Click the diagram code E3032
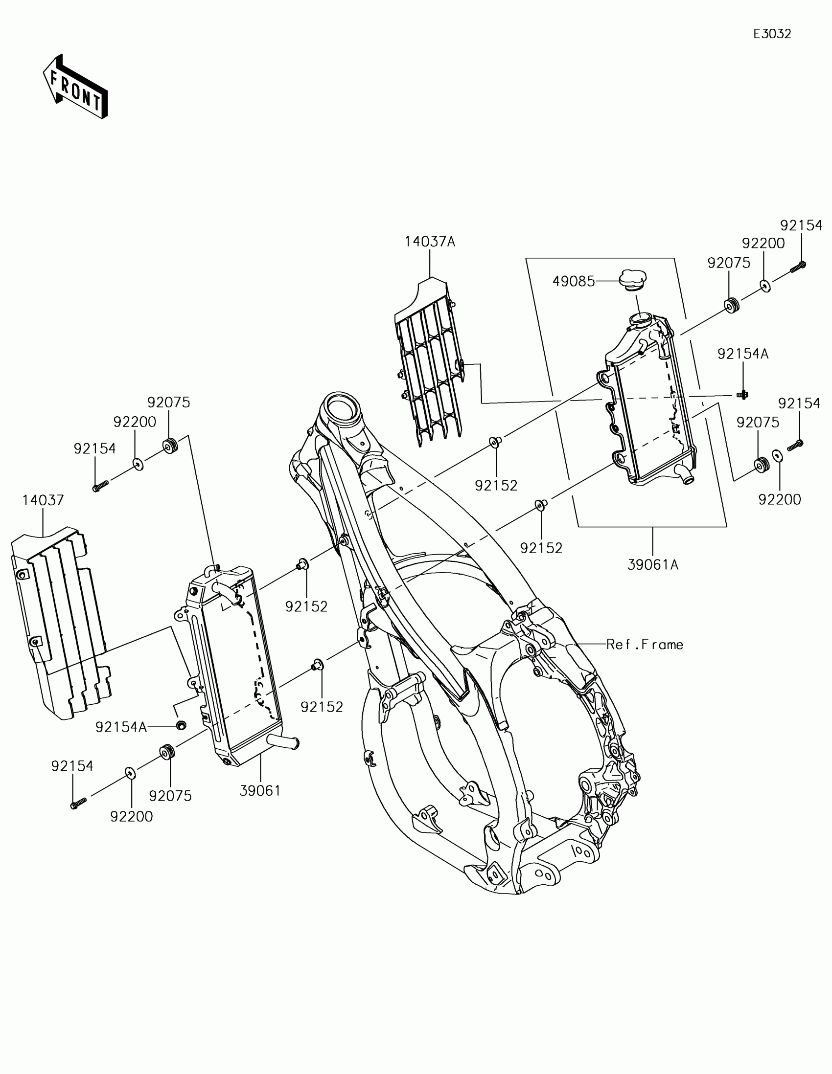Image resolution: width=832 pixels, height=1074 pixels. tap(772, 34)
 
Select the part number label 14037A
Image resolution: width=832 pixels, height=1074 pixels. tap(430, 242)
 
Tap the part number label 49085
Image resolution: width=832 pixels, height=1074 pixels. tap(573, 281)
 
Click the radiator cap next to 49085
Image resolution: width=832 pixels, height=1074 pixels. tap(633, 280)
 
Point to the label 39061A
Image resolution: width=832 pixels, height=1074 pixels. tap(652, 565)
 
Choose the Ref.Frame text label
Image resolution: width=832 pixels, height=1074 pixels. tap(645, 645)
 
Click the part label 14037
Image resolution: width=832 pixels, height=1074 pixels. tap(43, 501)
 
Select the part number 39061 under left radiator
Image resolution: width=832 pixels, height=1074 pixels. tap(260, 791)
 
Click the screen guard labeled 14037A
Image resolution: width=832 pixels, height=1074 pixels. tap(430, 364)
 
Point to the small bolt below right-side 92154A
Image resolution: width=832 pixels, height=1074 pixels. tap(742, 394)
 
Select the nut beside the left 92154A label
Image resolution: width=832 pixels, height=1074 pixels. tap(181, 725)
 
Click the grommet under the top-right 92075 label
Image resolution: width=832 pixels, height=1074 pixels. tap(732, 305)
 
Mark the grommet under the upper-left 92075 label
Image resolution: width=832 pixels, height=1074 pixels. tap(170, 447)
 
